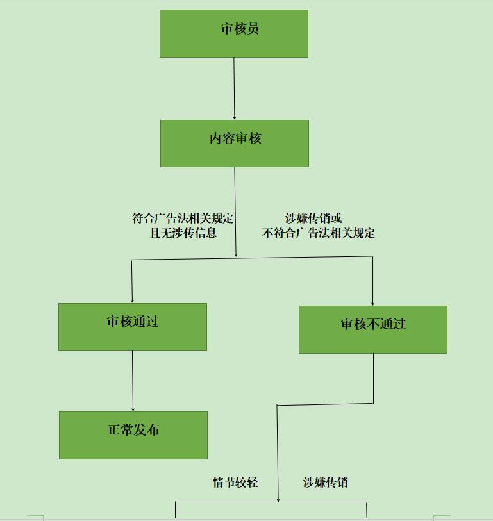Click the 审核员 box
click(x=234, y=33)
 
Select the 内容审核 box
click(x=235, y=144)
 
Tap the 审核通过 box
click(x=133, y=327)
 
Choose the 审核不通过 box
click(x=373, y=329)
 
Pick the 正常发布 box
click(x=133, y=435)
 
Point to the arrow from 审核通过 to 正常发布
click(x=133, y=381)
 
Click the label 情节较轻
click(x=235, y=483)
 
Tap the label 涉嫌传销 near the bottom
click(x=326, y=483)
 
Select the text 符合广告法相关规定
click(x=183, y=219)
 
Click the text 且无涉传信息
click(x=183, y=233)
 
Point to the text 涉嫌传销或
click(x=313, y=219)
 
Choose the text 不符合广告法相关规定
click(x=319, y=233)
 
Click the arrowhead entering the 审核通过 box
click(x=132, y=300)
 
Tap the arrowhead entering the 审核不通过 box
click(x=373, y=302)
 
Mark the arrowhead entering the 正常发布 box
click(x=133, y=409)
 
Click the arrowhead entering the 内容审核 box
click(x=235, y=117)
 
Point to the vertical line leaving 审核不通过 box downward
click(x=374, y=378)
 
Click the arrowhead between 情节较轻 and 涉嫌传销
click(x=278, y=499)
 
